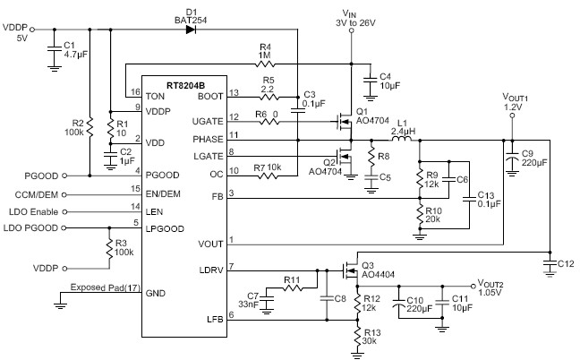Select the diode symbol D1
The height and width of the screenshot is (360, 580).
(190, 29)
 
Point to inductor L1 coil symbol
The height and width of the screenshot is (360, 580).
(400, 140)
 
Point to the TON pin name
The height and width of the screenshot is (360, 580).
(155, 94)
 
